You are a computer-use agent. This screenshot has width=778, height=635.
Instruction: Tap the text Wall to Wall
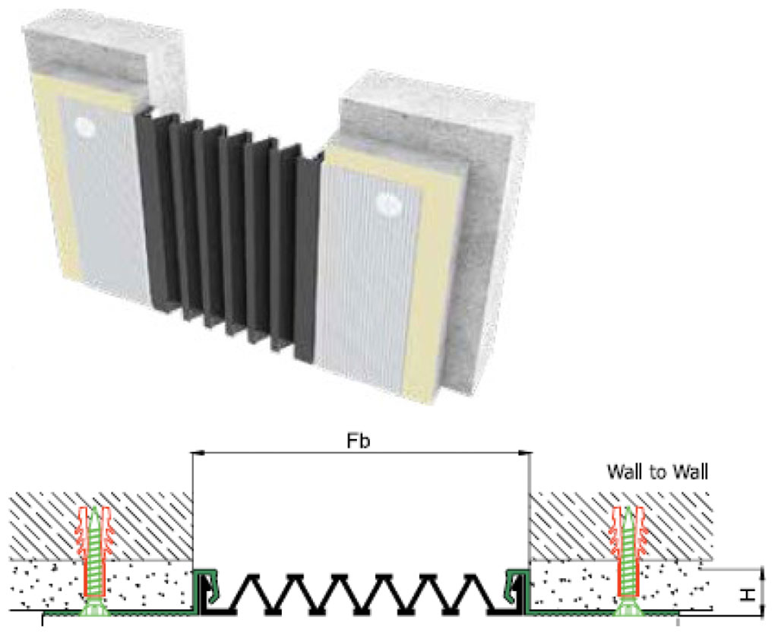657,472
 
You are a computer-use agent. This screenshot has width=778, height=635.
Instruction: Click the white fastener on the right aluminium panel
387,204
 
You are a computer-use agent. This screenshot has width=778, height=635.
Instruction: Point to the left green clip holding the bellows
204,589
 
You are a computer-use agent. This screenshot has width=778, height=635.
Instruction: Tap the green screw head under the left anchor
93,608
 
